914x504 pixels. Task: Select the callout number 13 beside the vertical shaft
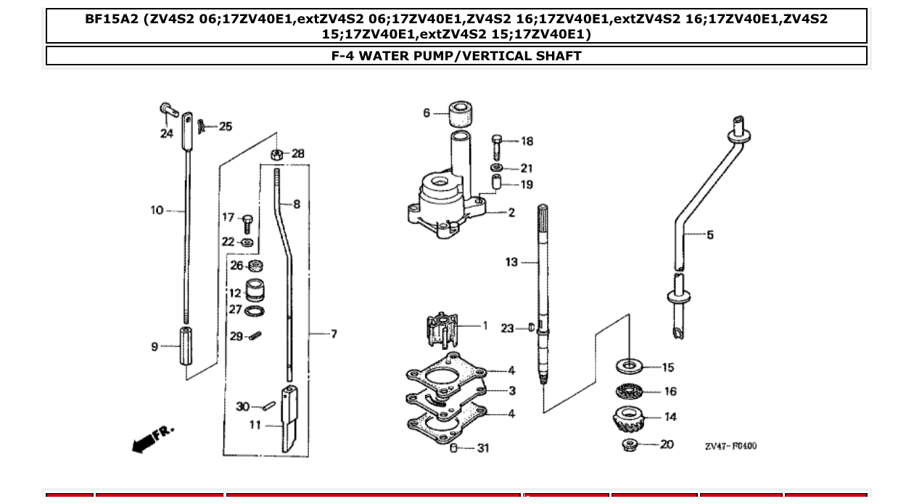coord(511,262)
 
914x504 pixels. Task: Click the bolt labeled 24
coord(168,110)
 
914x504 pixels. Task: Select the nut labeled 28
coord(276,153)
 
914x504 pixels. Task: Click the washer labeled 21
coord(498,168)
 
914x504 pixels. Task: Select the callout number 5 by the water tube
coord(709,235)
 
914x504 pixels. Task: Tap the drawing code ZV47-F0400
coord(730,445)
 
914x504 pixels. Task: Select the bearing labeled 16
coord(628,392)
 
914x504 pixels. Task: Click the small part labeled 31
coord(454,448)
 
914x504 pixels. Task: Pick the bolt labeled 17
coord(248,220)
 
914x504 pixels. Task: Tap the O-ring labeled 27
coord(255,312)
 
